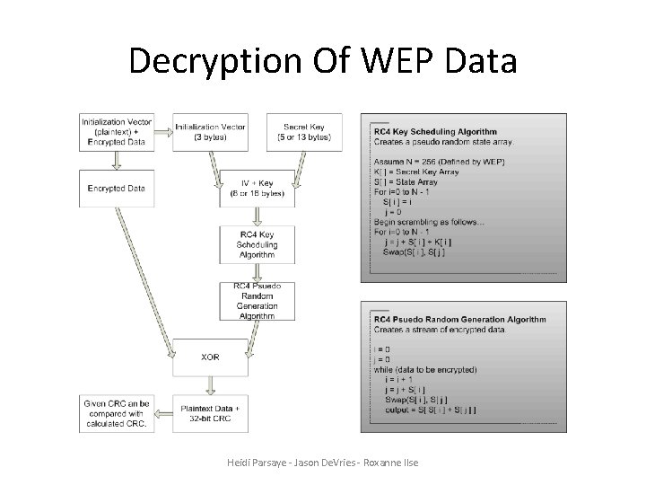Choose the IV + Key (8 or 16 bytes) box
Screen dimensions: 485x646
(257, 188)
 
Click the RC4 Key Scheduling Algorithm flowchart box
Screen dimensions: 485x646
(257, 244)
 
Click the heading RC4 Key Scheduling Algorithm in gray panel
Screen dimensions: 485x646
(434, 132)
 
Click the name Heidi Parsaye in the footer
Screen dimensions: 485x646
(258, 463)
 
